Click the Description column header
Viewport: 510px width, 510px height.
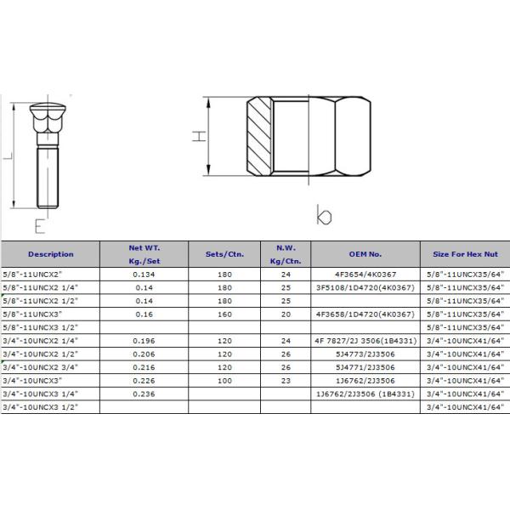click(x=50, y=254)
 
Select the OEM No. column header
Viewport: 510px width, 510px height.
click(x=365, y=254)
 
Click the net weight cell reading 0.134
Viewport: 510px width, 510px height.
click(x=142, y=275)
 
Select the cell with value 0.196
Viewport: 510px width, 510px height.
click(x=142, y=341)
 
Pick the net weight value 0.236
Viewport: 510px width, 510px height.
click(x=142, y=394)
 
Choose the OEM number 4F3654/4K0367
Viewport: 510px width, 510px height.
click(x=365, y=275)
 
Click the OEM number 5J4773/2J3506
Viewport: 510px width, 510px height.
click(x=365, y=354)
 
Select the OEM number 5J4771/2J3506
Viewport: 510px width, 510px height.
click(x=365, y=367)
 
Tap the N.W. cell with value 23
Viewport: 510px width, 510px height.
click(x=285, y=381)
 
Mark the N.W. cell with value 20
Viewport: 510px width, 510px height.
click(x=285, y=314)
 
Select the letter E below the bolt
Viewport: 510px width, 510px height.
click(x=39, y=226)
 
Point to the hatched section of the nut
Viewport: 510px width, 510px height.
click(x=258, y=135)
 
